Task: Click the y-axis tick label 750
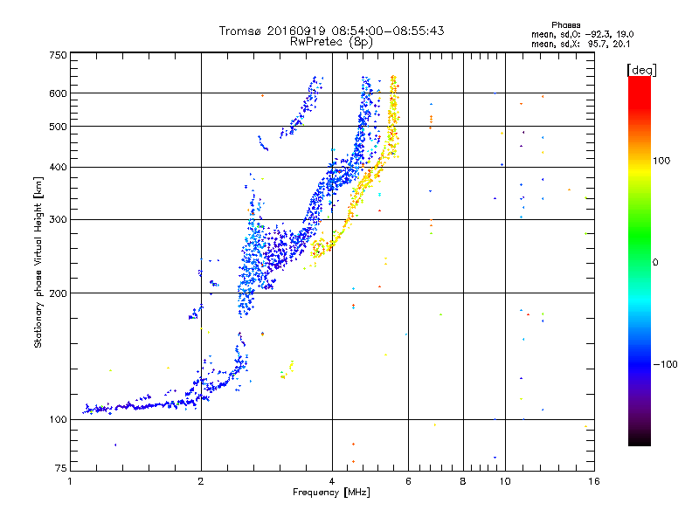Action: click(58, 55)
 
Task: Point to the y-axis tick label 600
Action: click(58, 93)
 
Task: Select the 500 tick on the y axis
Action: click(58, 126)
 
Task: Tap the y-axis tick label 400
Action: click(58, 167)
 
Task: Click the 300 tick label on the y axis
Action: click(58, 219)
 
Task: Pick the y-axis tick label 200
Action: click(58, 293)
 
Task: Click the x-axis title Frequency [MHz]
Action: click(331, 493)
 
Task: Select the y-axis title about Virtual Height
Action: click(38, 261)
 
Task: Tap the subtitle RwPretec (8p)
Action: click(331, 41)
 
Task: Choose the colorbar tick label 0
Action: click(656, 262)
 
